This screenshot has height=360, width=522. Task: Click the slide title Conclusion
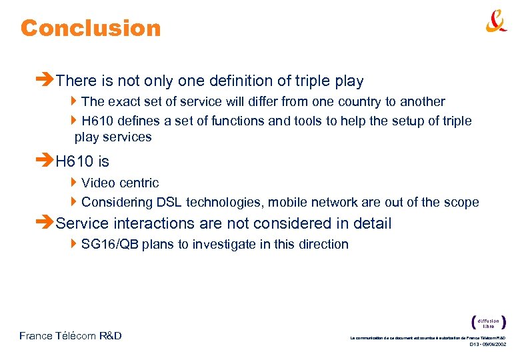91,28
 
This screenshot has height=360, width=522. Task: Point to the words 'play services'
113,137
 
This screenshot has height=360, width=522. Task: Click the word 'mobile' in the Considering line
307,203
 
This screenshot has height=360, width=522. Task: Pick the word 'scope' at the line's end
461,203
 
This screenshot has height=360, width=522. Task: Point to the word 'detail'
371,223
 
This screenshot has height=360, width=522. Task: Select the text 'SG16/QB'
109,245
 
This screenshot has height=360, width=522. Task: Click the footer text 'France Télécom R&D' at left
71,336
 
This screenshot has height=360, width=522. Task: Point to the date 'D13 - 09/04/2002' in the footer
487,345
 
